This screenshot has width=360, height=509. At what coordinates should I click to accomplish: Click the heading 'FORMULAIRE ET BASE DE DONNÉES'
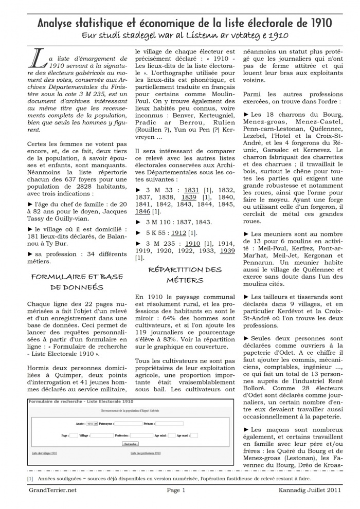pos(77,282)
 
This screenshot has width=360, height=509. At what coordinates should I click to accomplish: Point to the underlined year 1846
pos(143,211)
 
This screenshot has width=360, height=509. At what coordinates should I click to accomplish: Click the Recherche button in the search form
pos(131,443)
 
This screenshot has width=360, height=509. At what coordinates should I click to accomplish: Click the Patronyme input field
pos(129,424)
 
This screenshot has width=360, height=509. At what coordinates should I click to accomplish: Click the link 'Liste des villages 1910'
pos(44,453)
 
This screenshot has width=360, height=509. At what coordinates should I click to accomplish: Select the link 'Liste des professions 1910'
pos(146,453)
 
